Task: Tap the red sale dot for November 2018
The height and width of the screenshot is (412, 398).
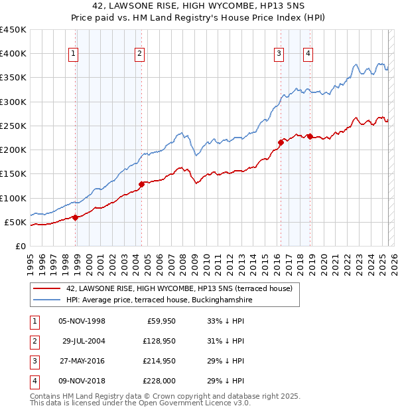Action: click(310, 136)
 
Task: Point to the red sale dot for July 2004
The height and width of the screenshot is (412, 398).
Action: click(141, 184)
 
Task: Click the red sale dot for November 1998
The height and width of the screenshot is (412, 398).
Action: click(75, 217)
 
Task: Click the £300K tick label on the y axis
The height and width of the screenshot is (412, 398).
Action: click(13, 102)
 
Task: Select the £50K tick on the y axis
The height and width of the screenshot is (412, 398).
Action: click(15, 222)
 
